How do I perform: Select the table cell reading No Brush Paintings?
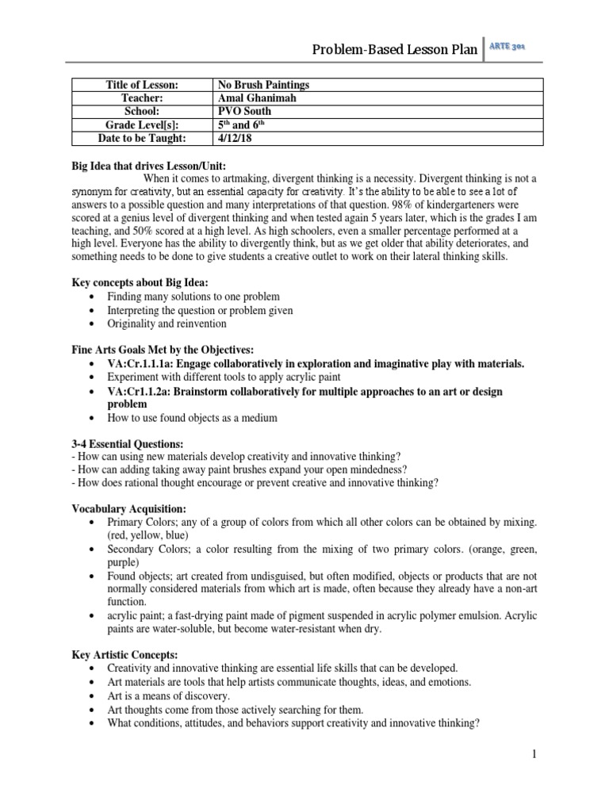click(263, 85)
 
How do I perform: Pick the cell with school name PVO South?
click(243, 112)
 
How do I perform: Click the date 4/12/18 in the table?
click(233, 139)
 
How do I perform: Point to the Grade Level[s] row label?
click(142, 125)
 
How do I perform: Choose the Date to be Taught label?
click(142, 139)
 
